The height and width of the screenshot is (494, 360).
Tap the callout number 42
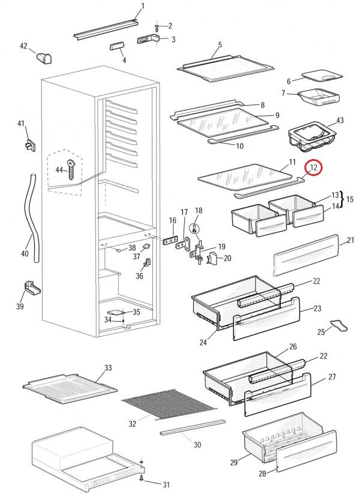(x=24, y=46)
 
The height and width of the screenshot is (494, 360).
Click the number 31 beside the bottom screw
(x=166, y=484)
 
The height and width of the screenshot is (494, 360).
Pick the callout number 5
(x=220, y=44)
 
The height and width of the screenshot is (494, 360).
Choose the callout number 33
(x=108, y=367)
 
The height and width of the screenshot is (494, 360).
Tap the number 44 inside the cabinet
(x=59, y=170)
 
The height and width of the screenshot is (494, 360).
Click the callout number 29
(x=233, y=462)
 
